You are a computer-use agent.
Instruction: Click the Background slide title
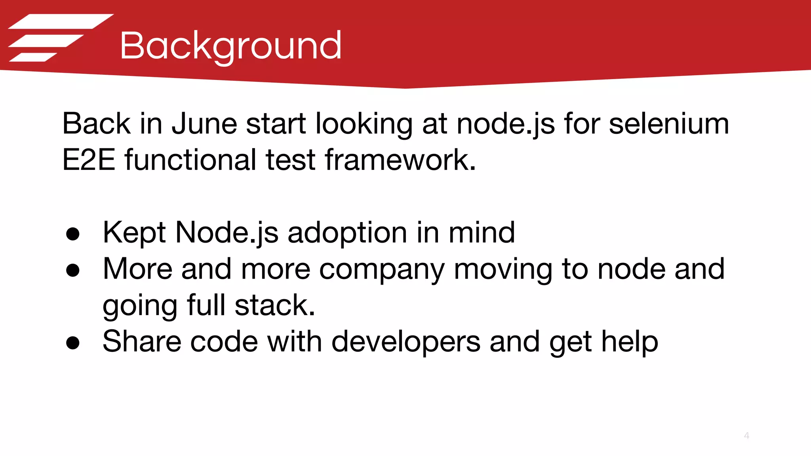point(230,46)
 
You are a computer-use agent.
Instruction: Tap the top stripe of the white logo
point(61,21)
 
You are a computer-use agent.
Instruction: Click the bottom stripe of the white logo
point(33,57)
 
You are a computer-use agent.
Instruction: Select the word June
point(204,124)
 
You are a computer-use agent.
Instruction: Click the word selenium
point(668,124)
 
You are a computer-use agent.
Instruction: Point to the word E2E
point(89,160)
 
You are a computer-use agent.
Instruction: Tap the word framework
point(400,160)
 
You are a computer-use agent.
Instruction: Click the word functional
point(190,160)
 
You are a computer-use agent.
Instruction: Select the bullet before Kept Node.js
point(73,234)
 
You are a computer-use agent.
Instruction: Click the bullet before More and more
point(73,270)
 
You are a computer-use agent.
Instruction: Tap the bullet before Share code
point(73,343)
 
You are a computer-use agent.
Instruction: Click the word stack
point(275,306)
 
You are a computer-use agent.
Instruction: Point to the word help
point(630,342)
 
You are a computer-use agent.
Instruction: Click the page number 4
point(746,436)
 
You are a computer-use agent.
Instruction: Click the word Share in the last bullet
point(142,342)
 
